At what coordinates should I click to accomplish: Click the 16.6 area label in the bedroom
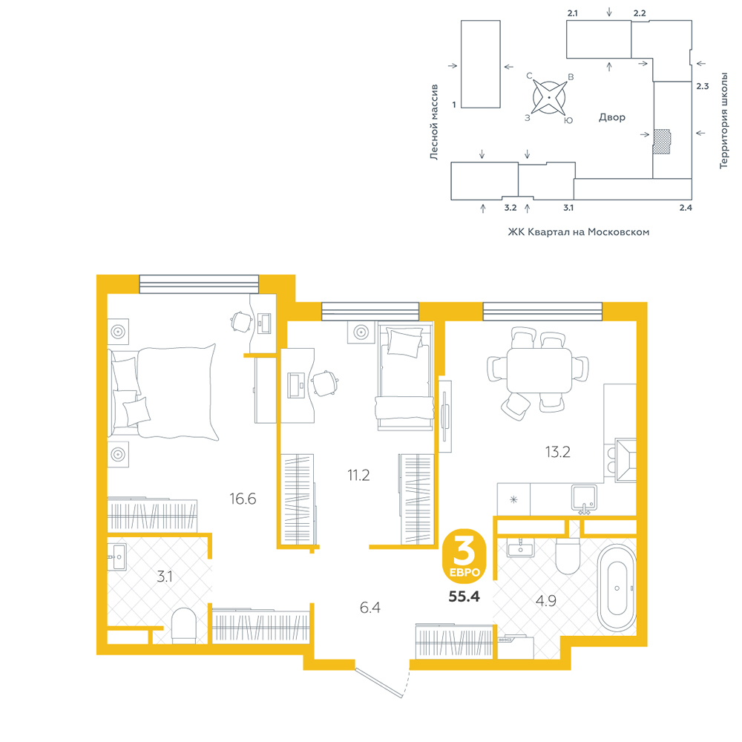(243, 499)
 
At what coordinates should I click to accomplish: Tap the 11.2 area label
(358, 475)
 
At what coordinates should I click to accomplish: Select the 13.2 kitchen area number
(557, 453)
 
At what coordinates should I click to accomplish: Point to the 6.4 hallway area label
(370, 608)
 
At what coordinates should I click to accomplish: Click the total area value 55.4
(464, 597)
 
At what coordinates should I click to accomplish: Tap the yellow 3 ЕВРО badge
(464, 556)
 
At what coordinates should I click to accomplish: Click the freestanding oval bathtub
(617, 588)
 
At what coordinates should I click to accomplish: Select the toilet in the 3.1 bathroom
(183, 626)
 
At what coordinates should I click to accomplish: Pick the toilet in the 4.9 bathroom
(568, 556)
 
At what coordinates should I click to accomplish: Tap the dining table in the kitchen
(539, 370)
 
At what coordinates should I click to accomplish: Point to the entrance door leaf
(379, 683)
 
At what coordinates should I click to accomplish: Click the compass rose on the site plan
(549, 97)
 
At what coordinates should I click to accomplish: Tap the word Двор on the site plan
(612, 117)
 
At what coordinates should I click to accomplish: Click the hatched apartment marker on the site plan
(662, 142)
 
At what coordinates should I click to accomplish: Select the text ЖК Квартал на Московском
(578, 232)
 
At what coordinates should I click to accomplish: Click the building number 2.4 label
(686, 208)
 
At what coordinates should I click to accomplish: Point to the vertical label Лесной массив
(434, 122)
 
